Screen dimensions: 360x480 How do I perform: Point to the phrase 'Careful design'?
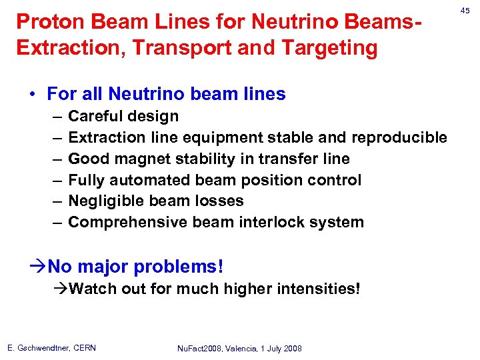pyautogui.click(x=123, y=116)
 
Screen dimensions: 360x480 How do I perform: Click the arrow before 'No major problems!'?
pyautogui.click(x=40, y=267)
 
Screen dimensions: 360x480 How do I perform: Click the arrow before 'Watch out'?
pyautogui.click(x=61, y=289)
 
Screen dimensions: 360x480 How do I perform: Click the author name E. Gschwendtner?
pyautogui.click(x=38, y=348)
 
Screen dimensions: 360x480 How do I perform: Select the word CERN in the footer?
pyautogui.click(x=84, y=348)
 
